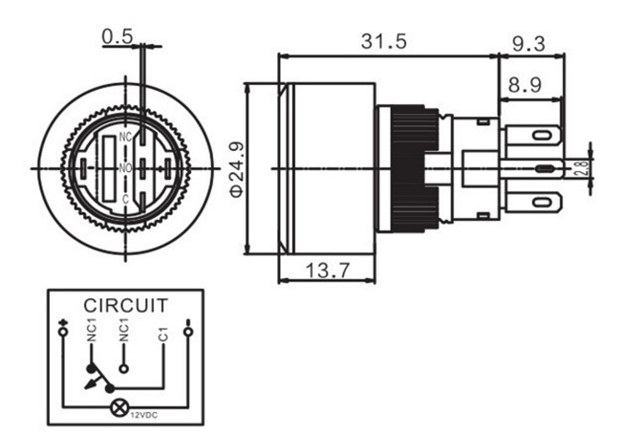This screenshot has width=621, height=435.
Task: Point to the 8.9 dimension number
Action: click(x=525, y=84)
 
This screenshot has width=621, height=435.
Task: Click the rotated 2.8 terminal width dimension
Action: click(x=582, y=169)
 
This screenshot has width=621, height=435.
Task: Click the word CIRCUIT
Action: click(x=126, y=306)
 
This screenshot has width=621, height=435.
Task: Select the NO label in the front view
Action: click(x=124, y=168)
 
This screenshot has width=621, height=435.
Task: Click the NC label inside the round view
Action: click(x=124, y=139)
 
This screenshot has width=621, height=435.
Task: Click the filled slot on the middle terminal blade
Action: click(x=545, y=169)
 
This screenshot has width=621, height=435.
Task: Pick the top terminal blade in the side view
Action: click(x=531, y=137)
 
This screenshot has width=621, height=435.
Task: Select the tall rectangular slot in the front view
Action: click(x=108, y=168)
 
